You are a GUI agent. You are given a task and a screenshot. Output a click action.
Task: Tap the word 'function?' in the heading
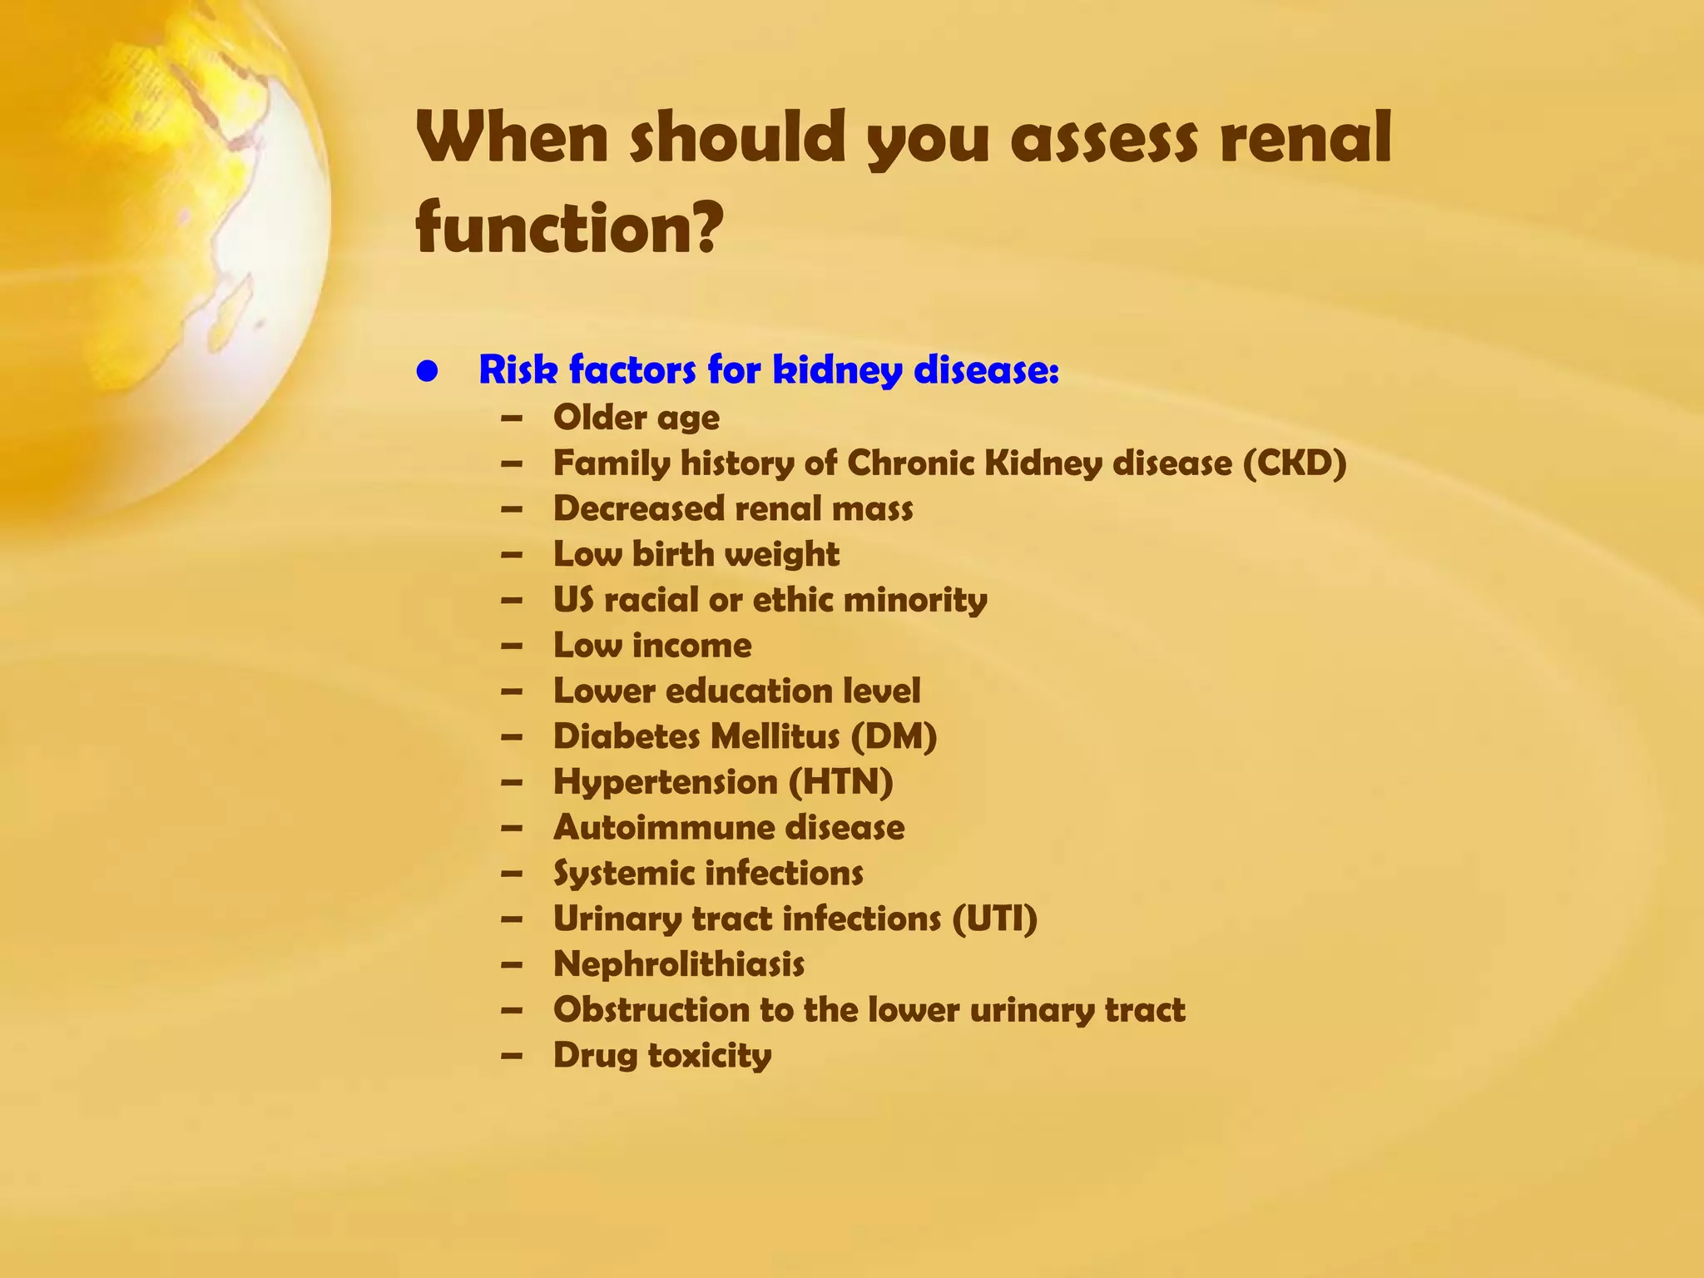[x=567, y=228]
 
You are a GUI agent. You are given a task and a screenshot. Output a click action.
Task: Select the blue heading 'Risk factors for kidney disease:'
[x=769, y=370]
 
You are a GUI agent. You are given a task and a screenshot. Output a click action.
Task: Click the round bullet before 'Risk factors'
[x=428, y=371]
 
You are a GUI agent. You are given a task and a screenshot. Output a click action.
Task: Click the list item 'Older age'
[x=636, y=418]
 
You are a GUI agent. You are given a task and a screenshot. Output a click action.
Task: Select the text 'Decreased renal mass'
[x=732, y=509]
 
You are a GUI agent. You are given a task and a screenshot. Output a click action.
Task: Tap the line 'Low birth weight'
[x=696, y=555]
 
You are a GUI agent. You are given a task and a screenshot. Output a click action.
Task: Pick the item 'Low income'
[x=651, y=646]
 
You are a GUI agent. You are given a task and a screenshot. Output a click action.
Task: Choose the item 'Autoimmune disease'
[x=728, y=828]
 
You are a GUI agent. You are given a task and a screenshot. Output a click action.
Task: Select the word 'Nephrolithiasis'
[x=678, y=965]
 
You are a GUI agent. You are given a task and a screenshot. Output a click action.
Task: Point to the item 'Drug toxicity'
[x=661, y=1056]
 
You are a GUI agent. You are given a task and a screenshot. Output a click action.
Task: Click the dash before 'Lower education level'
[x=513, y=691]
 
